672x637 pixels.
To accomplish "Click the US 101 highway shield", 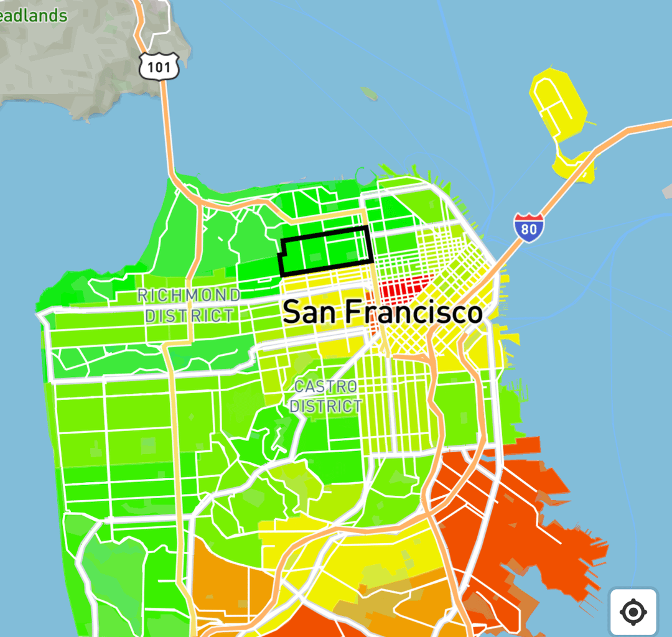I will (x=159, y=66).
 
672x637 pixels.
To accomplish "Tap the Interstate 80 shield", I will (x=528, y=228).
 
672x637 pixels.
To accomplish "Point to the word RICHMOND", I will (x=189, y=295).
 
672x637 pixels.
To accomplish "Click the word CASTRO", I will (x=325, y=386).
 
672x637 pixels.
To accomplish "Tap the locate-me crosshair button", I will (x=633, y=613).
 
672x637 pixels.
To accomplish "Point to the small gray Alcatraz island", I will (x=368, y=95).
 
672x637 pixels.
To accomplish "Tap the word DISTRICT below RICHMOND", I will (x=189, y=315).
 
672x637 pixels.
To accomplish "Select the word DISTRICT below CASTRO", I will (x=325, y=407).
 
